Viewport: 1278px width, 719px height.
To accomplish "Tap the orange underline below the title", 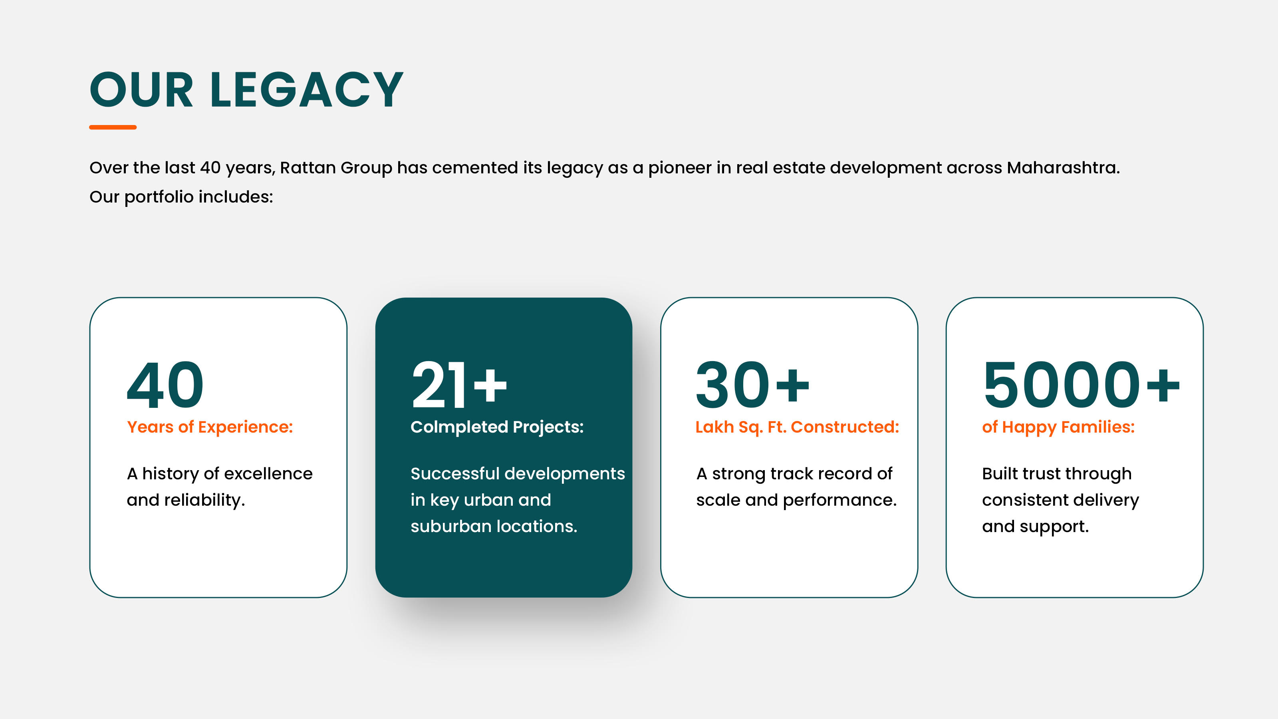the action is [113, 127].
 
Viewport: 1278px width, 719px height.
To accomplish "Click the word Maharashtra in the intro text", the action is [1063, 168].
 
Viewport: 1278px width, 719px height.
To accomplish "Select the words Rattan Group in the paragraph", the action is [336, 168].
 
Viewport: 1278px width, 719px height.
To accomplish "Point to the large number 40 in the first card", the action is [165, 385].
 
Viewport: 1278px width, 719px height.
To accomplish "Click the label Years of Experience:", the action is [210, 427].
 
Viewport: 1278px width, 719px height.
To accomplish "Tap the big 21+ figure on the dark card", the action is [459, 385].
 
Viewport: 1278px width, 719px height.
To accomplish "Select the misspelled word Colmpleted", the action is [459, 427].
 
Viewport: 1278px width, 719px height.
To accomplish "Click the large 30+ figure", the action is [752, 385].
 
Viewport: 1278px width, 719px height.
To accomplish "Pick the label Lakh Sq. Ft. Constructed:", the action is [797, 427].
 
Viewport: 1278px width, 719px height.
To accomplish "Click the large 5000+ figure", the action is [1081, 385].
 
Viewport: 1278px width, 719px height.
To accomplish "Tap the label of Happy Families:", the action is [1058, 427].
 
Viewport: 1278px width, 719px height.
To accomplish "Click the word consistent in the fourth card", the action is [1024, 500].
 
